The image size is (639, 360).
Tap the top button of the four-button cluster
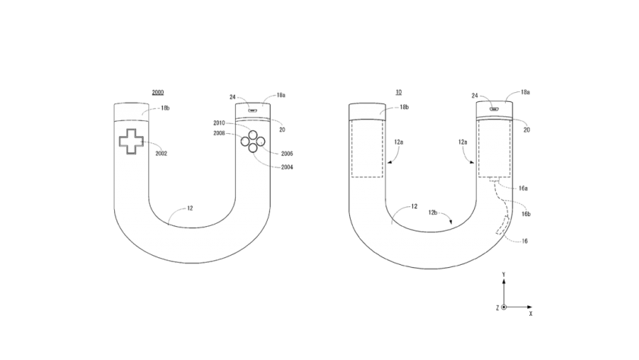coord(253,135)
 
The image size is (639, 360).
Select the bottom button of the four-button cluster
coord(253,148)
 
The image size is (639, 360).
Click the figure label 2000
coord(157,93)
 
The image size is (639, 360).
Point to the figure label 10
coord(399,93)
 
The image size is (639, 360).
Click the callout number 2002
coord(161,154)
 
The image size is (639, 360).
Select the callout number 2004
coord(287,167)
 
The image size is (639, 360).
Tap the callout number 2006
coord(287,154)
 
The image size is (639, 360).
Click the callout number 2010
coord(219,123)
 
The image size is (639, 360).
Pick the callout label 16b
coord(526,214)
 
